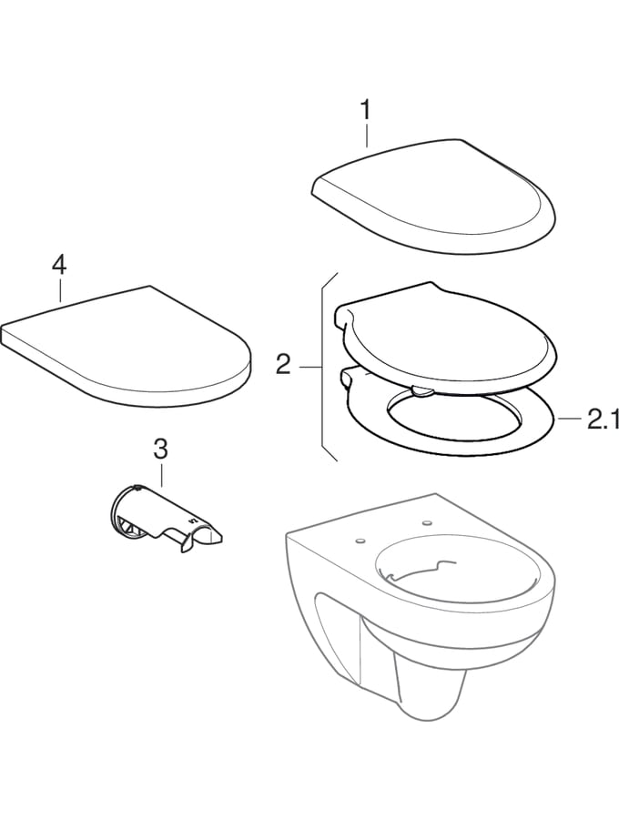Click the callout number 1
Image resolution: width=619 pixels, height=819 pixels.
tap(366, 111)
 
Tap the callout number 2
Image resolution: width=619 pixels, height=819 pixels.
tap(283, 363)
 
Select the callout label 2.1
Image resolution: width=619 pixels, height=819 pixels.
tap(603, 419)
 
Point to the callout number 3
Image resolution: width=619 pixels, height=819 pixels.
tap(161, 450)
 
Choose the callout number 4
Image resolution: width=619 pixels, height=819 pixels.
tap(59, 266)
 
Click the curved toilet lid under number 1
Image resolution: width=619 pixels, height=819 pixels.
tap(432, 197)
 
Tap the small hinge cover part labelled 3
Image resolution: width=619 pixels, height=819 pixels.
tap(165, 517)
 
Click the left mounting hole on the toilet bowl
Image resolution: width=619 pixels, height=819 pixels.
tap(359, 540)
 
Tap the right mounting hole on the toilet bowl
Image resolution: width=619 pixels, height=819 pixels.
tap(428, 521)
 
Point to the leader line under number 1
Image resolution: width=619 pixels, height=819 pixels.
tap(366, 135)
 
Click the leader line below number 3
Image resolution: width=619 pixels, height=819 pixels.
tap(161, 474)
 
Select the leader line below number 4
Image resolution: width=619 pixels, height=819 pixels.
tap(60, 291)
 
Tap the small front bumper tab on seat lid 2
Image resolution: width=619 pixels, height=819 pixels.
tap(421, 391)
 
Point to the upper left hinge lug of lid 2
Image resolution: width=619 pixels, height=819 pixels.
tap(342, 317)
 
